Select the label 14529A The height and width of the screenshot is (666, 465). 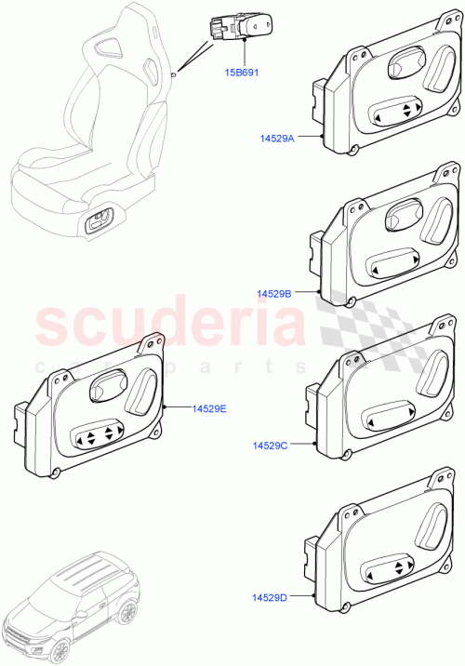click(x=277, y=138)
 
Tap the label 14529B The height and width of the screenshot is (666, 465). click(x=274, y=293)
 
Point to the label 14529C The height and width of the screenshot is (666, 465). click(x=270, y=446)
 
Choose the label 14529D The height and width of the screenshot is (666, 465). click(x=269, y=597)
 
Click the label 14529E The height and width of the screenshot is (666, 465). click(x=209, y=408)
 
